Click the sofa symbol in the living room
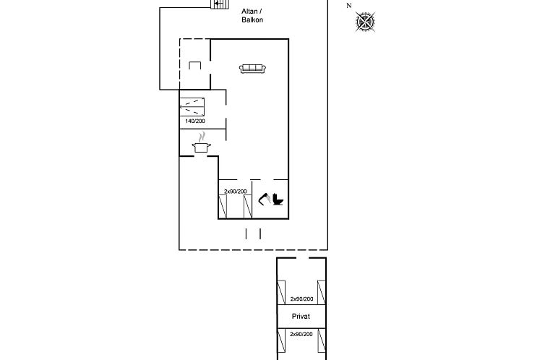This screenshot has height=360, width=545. click(x=253, y=68)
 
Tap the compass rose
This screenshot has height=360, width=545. click(x=366, y=22)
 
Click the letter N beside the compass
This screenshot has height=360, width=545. click(x=349, y=6)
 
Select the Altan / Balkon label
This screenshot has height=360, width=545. click(x=252, y=15)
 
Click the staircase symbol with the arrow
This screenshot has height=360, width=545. click(x=217, y=4)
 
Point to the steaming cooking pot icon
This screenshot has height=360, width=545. click(x=202, y=144)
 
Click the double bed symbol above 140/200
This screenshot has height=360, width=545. click(x=192, y=106)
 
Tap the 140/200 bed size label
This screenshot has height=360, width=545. click(x=195, y=121)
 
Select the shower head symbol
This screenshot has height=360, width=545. click(x=265, y=197)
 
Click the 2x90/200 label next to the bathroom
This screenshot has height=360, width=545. click(x=235, y=191)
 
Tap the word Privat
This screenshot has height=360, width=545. click(x=301, y=317)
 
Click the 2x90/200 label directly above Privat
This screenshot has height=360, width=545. click(x=301, y=299)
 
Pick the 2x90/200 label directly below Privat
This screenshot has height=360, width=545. click(x=301, y=334)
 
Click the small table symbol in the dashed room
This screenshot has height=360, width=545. click(x=194, y=66)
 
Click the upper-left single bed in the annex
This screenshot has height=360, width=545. click(x=282, y=292)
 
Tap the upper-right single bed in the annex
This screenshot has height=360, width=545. click(x=321, y=292)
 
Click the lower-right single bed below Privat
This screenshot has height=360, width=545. click(x=321, y=341)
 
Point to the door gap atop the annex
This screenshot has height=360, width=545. click(x=301, y=258)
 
